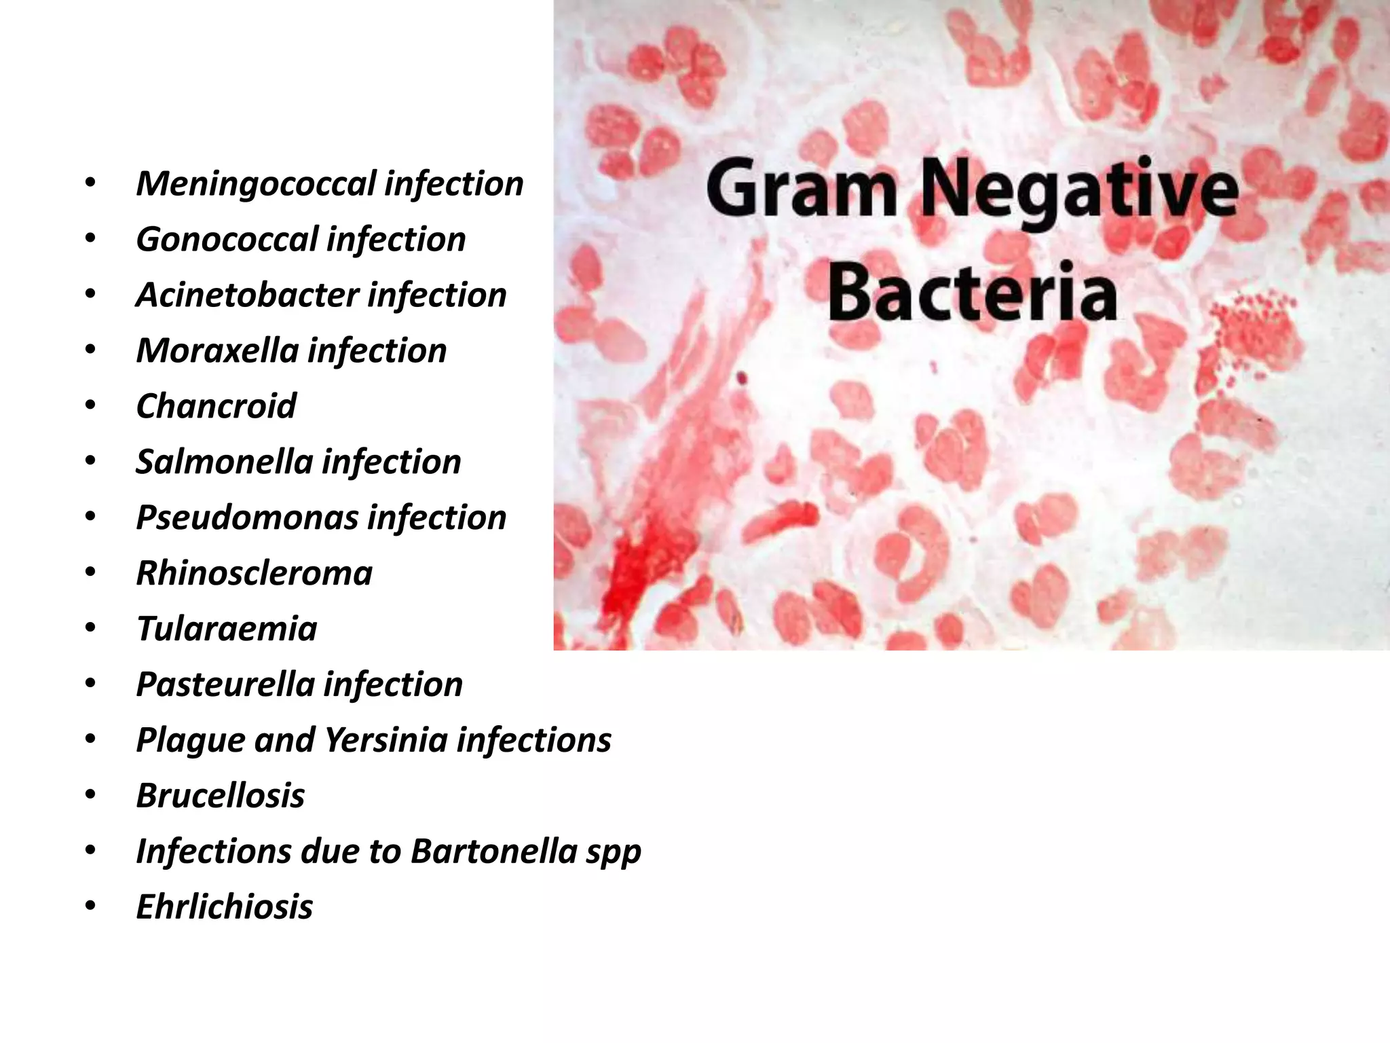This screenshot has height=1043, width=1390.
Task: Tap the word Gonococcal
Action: tap(227, 240)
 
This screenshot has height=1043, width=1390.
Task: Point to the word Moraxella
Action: tap(217, 351)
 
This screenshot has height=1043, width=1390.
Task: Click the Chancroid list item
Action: tap(216, 407)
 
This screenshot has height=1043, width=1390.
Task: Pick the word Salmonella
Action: tap(224, 462)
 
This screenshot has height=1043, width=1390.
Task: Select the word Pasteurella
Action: tap(225, 684)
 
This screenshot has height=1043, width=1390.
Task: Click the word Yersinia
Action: tap(386, 740)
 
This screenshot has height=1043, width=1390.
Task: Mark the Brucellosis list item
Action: tap(220, 796)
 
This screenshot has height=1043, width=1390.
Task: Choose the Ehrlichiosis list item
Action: tap(224, 907)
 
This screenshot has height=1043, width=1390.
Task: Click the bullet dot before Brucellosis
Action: tap(91, 794)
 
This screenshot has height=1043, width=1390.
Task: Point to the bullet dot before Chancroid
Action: tap(91, 405)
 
